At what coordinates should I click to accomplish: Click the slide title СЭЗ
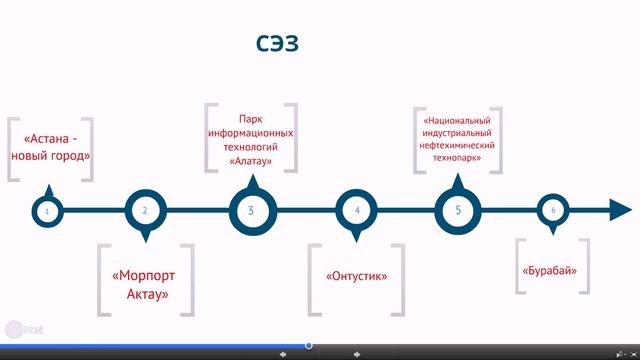274,44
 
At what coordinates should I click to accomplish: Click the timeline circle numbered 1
46,211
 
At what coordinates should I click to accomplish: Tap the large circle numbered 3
250,210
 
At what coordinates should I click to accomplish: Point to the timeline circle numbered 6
553,210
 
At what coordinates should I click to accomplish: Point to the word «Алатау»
250,160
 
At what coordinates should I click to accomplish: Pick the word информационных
250,132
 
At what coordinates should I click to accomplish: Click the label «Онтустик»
356,276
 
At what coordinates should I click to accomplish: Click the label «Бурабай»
552,271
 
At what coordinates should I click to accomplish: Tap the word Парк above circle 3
250,119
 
